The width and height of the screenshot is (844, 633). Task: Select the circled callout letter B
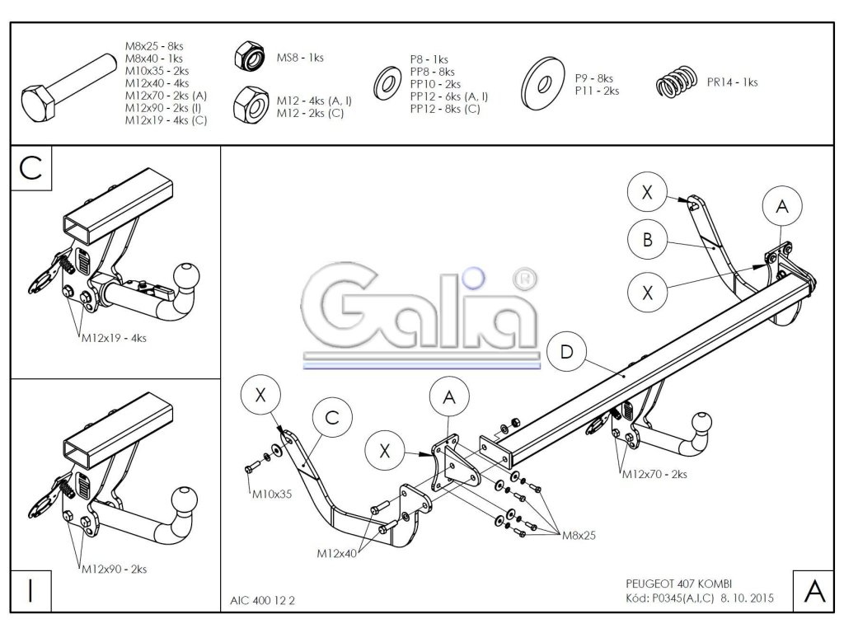tap(647, 239)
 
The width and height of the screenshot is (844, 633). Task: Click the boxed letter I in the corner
tap(30, 591)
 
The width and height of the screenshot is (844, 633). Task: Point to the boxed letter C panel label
tap(30, 167)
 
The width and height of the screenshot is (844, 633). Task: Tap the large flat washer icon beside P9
tap(543, 82)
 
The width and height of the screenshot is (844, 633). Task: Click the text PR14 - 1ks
tap(732, 82)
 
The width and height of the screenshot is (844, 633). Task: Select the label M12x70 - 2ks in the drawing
tap(654, 474)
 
